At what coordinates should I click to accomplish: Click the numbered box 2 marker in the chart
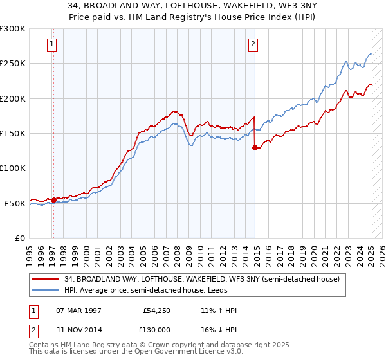[253, 44]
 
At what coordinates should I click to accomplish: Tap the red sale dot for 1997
[53, 200]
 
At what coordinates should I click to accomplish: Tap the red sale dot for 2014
[255, 147]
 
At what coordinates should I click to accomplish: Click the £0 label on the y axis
[19, 238]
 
